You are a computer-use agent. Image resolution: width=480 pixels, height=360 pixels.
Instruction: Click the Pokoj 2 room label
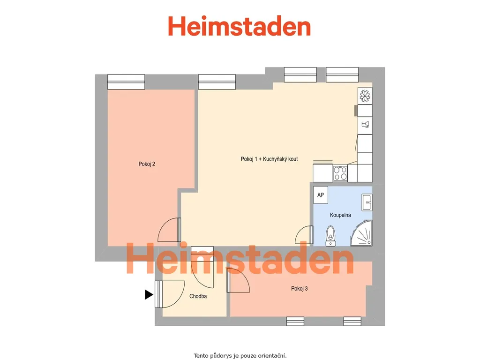147,164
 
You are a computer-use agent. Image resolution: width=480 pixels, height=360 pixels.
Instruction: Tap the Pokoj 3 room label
299,288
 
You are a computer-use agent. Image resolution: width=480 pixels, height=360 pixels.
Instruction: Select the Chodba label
198,296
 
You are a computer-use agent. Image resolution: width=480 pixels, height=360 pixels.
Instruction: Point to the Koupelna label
340,215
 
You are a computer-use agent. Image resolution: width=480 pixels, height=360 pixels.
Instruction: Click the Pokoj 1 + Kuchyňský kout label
269,159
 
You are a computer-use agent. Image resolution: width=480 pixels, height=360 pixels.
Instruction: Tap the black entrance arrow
149,294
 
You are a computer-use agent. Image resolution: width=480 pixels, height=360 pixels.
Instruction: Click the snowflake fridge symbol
365,96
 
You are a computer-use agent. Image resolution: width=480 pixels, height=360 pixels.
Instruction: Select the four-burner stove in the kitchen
340,173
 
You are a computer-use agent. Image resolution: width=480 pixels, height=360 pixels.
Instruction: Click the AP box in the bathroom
321,195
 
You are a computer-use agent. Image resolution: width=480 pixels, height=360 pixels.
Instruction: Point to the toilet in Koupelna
330,236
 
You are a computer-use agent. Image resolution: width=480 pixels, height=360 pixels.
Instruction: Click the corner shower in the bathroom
361,233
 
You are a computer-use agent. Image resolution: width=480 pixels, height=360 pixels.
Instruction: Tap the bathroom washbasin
367,202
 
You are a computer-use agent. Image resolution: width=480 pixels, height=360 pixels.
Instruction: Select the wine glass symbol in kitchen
365,125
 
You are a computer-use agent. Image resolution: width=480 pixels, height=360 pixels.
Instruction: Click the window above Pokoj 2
126,82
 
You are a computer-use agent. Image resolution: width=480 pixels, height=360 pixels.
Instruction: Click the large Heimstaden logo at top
240,26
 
